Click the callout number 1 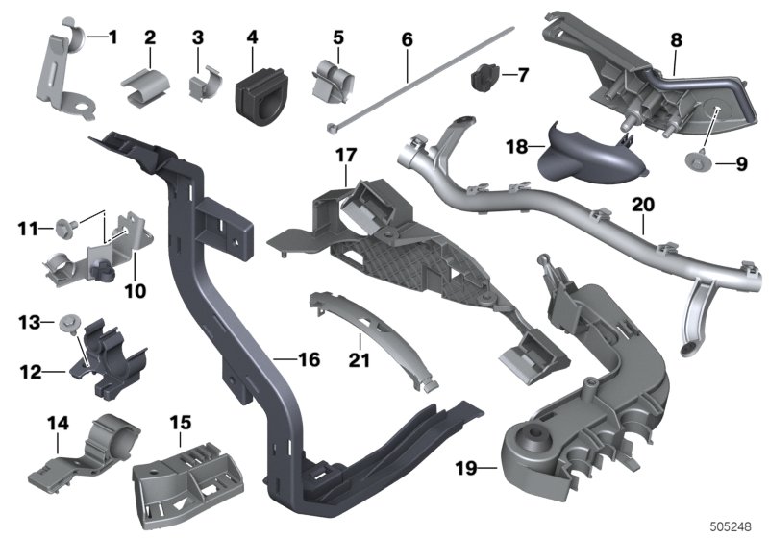[x=113, y=37]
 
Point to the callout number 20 [x=643, y=205]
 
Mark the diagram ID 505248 [x=731, y=526]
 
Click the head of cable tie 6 [x=331, y=128]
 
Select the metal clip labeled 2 [x=146, y=86]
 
